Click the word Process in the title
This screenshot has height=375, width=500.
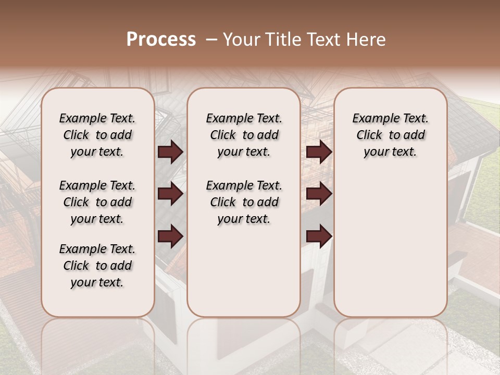161,40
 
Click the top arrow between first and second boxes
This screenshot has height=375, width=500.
170,152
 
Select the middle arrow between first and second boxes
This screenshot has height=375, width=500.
170,194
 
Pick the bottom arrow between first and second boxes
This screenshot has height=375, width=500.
170,236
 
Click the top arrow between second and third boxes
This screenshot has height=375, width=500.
319,152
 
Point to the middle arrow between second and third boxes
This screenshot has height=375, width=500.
319,194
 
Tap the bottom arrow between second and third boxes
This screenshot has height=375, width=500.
319,236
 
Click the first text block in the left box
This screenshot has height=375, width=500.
97,135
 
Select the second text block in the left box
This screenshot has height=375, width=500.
97,202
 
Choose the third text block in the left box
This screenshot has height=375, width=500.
97,266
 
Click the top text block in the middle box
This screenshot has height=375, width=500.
244,135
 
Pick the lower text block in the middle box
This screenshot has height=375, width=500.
244,202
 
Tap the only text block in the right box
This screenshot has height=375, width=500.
390,135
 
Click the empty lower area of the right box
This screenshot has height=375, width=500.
390,240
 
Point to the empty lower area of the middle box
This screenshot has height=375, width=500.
244,271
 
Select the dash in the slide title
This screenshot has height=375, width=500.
211,40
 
